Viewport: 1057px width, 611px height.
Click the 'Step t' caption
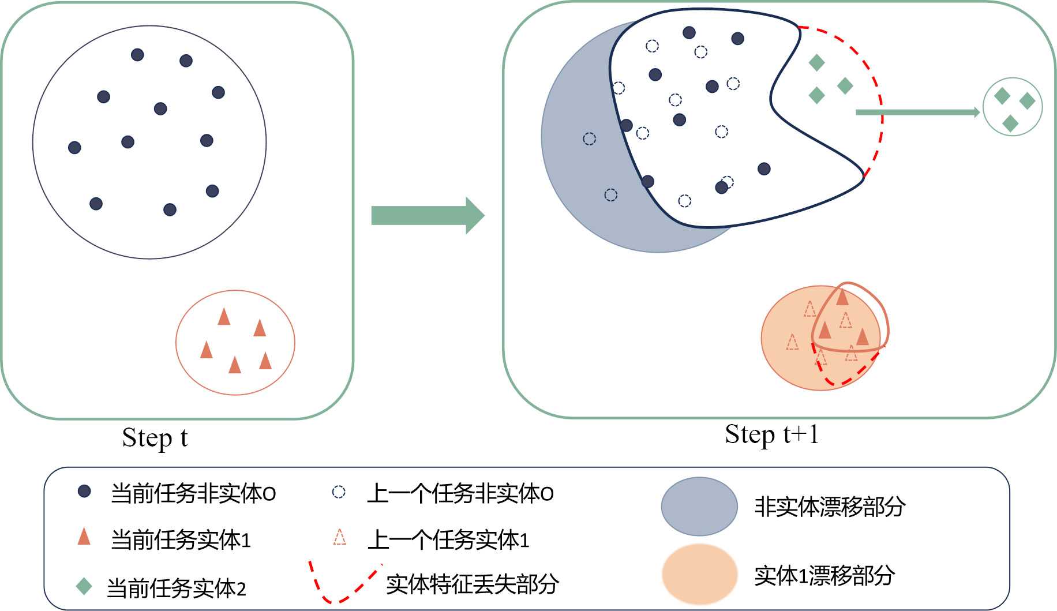(155, 438)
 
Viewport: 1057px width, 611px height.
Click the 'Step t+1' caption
(771, 434)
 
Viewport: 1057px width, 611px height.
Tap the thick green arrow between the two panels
(427, 215)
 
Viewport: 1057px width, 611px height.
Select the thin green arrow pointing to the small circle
(917, 112)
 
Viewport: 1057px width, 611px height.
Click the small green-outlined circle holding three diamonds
(1012, 107)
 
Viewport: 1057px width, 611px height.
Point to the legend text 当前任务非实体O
(193, 493)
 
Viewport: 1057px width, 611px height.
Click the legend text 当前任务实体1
(181, 540)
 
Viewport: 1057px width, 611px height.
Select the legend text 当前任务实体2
(177, 588)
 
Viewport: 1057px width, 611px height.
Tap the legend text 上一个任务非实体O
(460, 493)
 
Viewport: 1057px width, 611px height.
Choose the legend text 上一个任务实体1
(448, 540)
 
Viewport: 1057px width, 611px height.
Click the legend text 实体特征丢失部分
(472, 584)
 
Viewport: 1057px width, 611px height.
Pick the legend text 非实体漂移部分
(830, 507)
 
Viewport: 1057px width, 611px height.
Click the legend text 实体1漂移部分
(824, 575)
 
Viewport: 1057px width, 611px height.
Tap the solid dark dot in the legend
(84, 492)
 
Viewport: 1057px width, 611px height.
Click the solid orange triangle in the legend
(84, 537)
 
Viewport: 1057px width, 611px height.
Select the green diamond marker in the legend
(84, 587)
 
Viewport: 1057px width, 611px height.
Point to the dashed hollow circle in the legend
(339, 492)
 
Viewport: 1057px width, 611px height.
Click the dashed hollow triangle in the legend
(340, 538)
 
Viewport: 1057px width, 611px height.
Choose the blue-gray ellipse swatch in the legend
(699, 507)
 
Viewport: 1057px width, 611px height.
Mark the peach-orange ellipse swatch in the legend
(699, 575)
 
